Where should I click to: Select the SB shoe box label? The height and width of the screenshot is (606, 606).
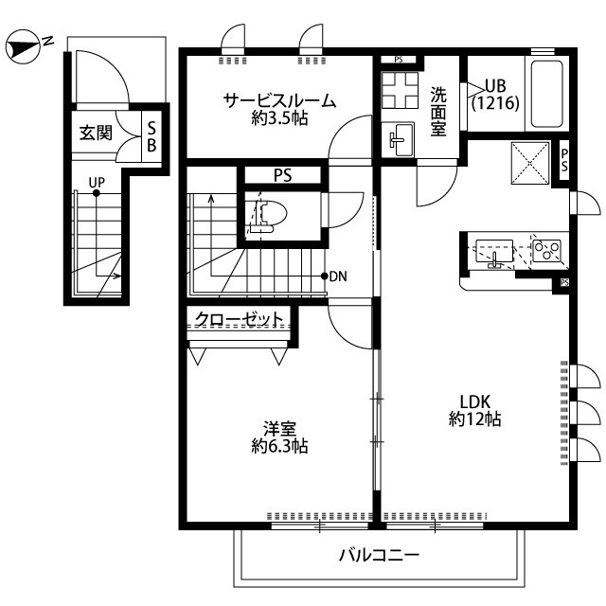point(151,135)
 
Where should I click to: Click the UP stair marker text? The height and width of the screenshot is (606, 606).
point(97,182)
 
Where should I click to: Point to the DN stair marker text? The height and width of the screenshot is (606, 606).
point(338,276)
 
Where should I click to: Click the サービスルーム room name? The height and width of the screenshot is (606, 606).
point(279,100)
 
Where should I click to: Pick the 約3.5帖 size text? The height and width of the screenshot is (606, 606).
point(279,119)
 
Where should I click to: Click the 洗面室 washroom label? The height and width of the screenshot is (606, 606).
point(438,113)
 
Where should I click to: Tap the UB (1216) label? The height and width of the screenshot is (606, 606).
point(495,94)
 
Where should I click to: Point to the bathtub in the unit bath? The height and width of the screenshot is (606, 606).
point(548,94)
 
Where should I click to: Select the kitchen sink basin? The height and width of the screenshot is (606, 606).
point(495,253)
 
